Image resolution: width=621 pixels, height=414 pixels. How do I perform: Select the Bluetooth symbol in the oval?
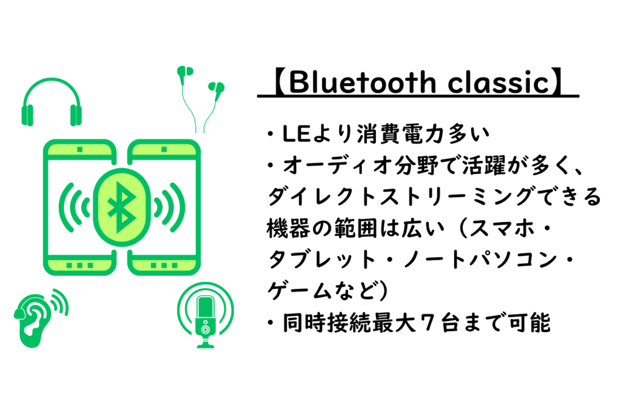pos(121,207)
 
